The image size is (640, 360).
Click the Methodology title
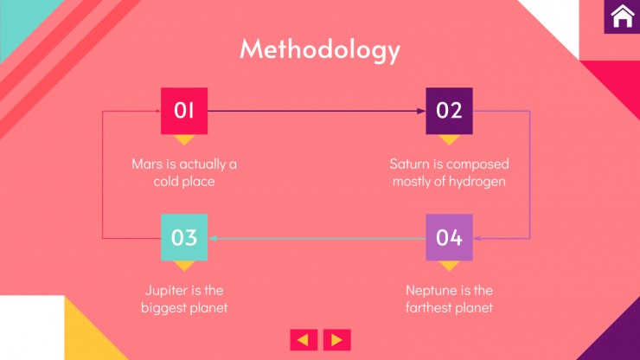[320, 50]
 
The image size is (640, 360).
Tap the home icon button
[622, 16]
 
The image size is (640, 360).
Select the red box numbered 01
[184, 111]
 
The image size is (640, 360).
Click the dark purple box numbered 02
[449, 111]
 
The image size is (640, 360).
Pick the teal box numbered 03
[184, 237]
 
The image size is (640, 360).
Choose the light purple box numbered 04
[449, 237]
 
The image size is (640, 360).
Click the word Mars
[147, 164]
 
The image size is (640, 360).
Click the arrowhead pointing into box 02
[421, 111]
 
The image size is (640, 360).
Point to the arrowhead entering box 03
[212, 238]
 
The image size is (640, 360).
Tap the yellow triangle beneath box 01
[184, 139]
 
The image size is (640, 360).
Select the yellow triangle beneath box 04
[449, 266]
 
